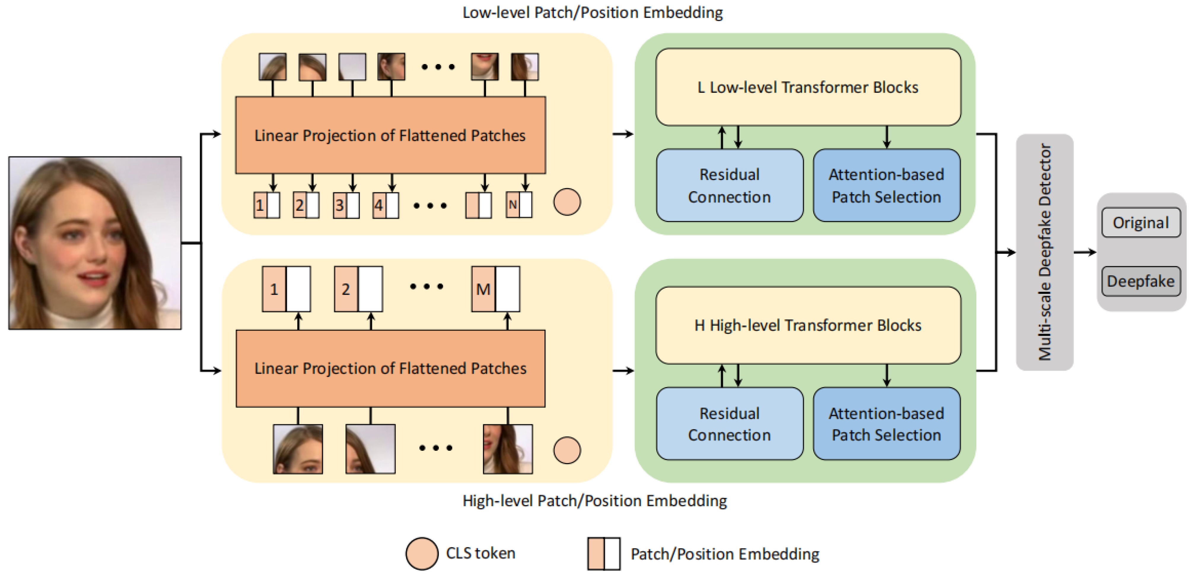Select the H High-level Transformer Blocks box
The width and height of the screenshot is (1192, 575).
(808, 325)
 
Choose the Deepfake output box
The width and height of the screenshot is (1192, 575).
(1141, 281)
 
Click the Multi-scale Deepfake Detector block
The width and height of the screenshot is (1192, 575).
(1044, 252)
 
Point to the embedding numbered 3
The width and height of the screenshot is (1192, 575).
(346, 205)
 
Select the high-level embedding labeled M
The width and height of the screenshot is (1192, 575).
(495, 289)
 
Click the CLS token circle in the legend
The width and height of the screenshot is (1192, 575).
(421, 553)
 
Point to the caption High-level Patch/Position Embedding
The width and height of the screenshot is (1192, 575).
(595, 501)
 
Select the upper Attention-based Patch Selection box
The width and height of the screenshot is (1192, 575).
(886, 186)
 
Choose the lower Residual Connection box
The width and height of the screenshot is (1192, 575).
(729, 424)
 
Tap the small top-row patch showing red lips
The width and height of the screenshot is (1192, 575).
(484, 66)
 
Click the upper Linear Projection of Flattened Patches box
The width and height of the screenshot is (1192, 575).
(390, 135)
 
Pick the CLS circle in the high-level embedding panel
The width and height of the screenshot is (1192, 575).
(567, 450)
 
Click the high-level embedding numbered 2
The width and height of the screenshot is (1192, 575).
(358, 289)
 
